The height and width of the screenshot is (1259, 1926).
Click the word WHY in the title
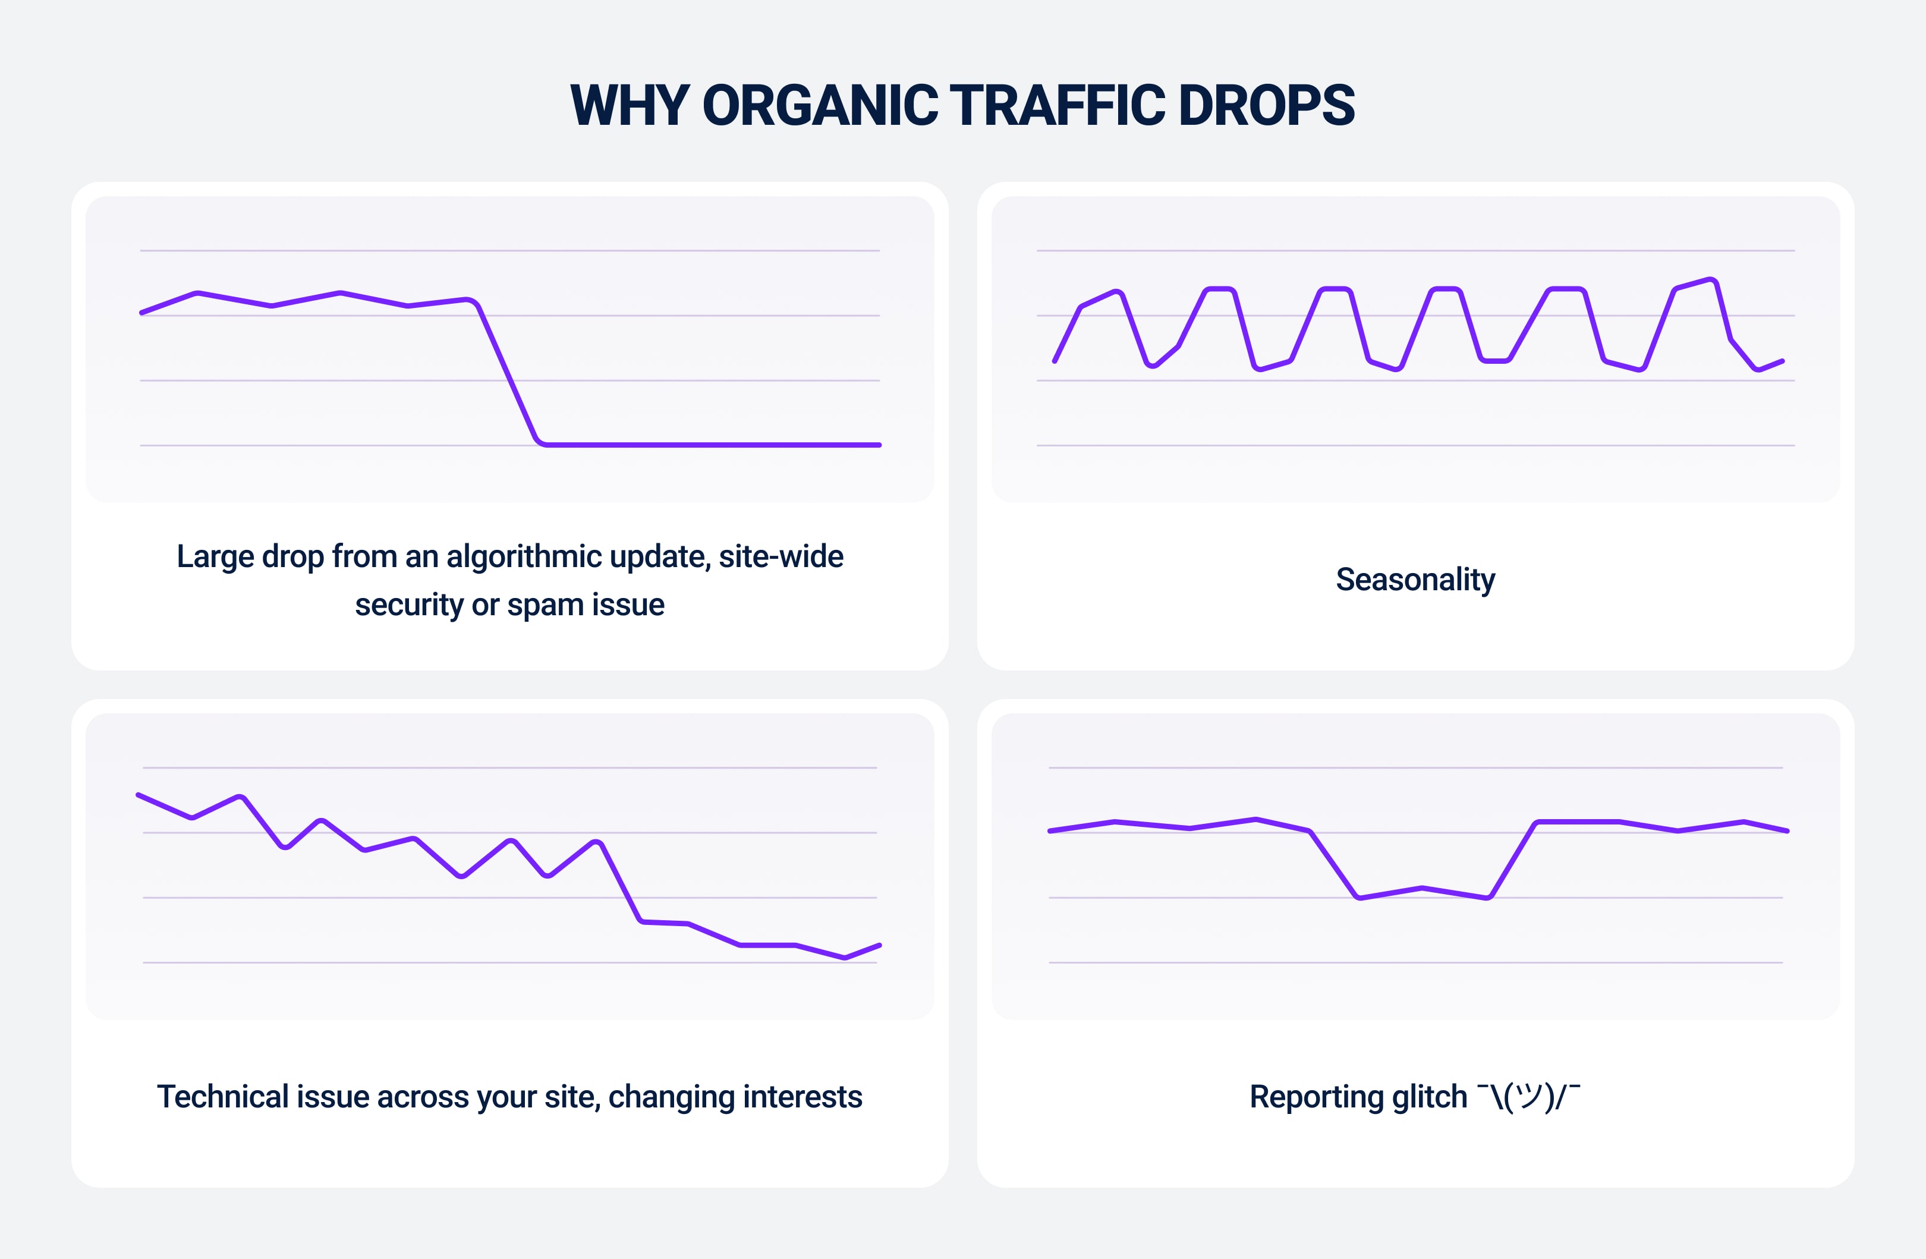(630, 105)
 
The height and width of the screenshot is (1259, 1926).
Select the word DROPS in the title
(1267, 105)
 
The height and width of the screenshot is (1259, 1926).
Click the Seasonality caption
(1415, 580)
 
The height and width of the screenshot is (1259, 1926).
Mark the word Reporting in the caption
(1315, 1097)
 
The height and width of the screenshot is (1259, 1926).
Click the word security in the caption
(408, 605)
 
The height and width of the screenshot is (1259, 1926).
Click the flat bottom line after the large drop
(712, 444)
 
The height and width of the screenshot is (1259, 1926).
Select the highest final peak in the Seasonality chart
(1710, 280)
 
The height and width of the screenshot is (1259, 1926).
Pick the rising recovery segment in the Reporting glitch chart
(1512, 860)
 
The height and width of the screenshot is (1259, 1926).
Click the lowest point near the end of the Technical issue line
(844, 957)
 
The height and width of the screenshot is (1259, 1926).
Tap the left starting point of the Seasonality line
(1055, 361)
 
